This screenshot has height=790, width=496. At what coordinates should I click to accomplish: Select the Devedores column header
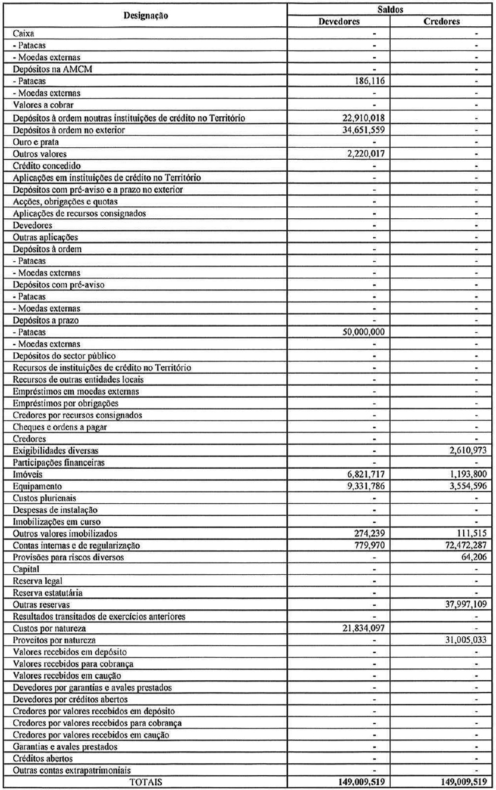coord(338,21)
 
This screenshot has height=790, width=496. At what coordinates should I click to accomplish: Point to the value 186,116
coord(371,81)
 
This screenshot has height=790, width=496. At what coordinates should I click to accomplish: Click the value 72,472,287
coord(463,546)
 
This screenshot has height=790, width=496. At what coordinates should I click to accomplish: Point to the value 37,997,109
coord(463,605)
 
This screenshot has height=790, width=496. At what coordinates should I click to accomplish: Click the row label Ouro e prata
coord(36,142)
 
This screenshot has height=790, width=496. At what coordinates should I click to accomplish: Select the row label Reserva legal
coord(38,581)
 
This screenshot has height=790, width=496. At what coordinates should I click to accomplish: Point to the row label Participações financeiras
coord(59,462)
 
